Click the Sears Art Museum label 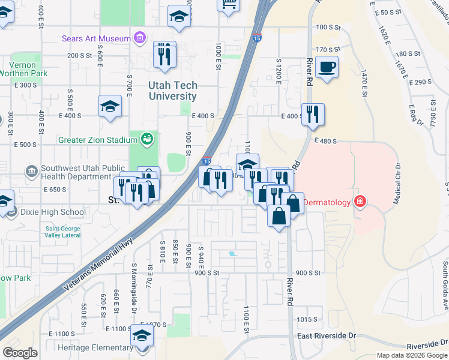point(96,39)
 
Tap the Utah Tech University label point(173,91)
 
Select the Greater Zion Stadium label point(98,140)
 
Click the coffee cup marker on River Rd point(327,67)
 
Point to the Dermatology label point(327,202)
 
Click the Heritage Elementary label point(95,347)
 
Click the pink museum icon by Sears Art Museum point(139,39)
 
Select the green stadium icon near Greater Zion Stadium point(147,140)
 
